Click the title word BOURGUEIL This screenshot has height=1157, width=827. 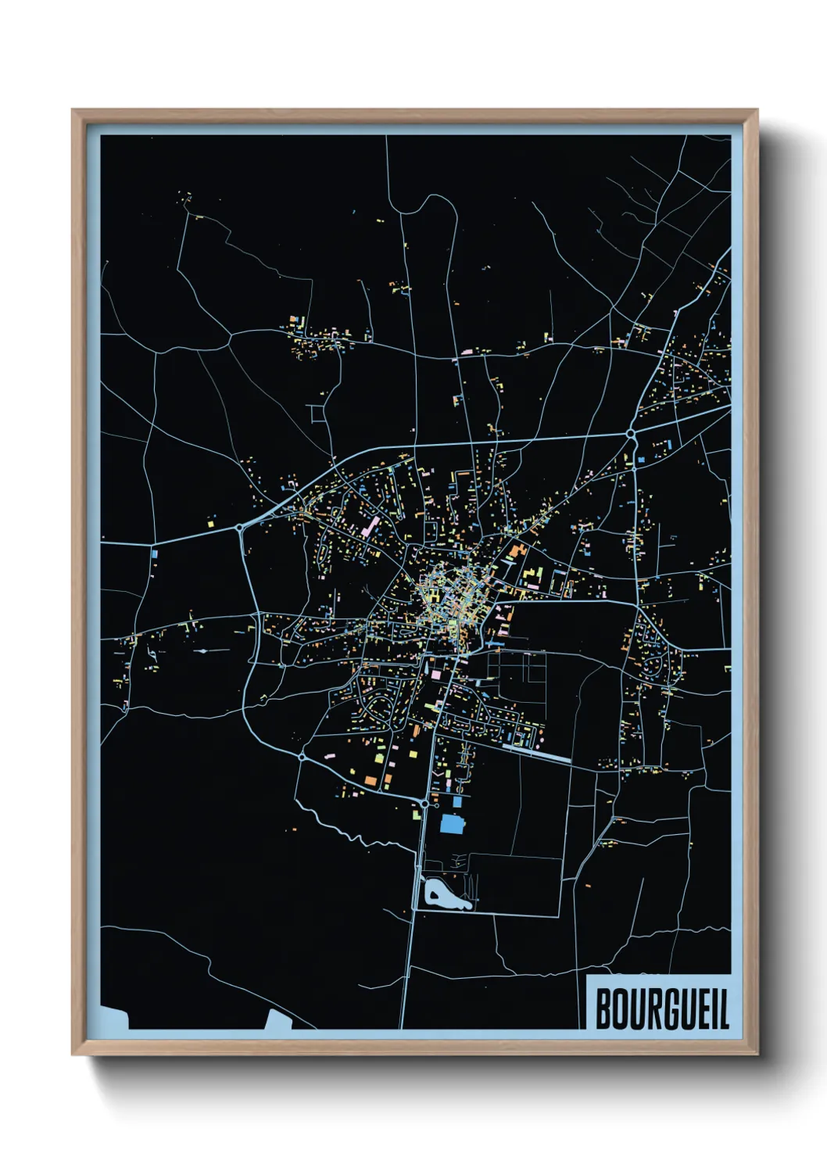[661, 1009]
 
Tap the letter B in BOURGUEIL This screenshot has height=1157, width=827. [603, 1009]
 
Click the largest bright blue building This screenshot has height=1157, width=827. [452, 824]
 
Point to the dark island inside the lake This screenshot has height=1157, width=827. [433, 892]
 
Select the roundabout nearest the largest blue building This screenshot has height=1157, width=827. [424, 803]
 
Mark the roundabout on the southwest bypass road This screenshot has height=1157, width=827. [302, 757]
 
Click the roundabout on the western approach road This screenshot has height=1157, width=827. [238, 528]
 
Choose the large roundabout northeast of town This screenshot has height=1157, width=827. [630, 432]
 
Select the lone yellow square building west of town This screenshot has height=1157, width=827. [211, 518]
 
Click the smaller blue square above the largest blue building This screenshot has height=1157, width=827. [457, 800]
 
